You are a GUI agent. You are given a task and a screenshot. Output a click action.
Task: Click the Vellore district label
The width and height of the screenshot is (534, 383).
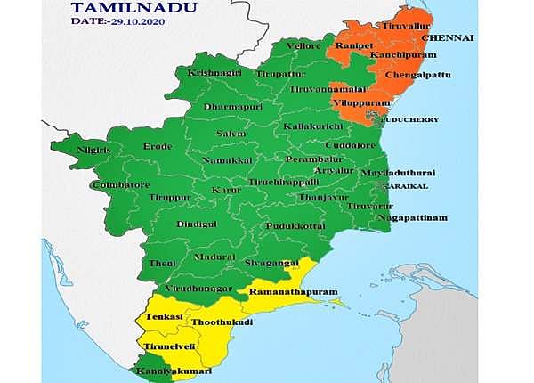pos(303,45)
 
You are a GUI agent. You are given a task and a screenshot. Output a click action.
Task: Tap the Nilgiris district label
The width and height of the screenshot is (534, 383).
pos(95,150)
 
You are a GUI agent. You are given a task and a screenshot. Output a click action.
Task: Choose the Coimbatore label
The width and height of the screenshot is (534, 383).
pos(120,185)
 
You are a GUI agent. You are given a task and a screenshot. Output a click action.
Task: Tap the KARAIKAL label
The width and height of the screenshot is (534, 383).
pos(406,186)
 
